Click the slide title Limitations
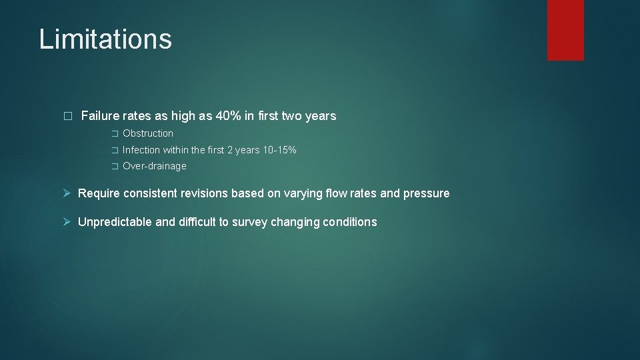click(x=105, y=39)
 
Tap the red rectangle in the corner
click(x=565, y=30)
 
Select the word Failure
click(x=100, y=116)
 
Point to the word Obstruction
click(x=148, y=133)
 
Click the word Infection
click(x=141, y=150)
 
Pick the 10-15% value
click(x=280, y=150)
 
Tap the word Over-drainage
click(x=155, y=166)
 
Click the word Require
click(x=99, y=193)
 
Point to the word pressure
click(x=427, y=193)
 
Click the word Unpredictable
click(x=115, y=222)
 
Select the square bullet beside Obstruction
click(x=114, y=134)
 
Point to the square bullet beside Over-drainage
click(x=114, y=167)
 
